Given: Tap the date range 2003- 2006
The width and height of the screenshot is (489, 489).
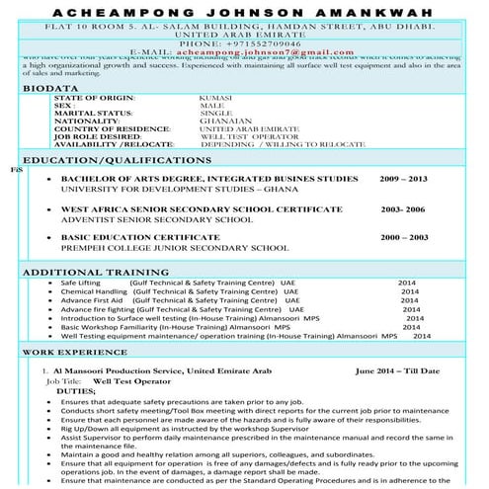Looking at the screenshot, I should click(x=402, y=210).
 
